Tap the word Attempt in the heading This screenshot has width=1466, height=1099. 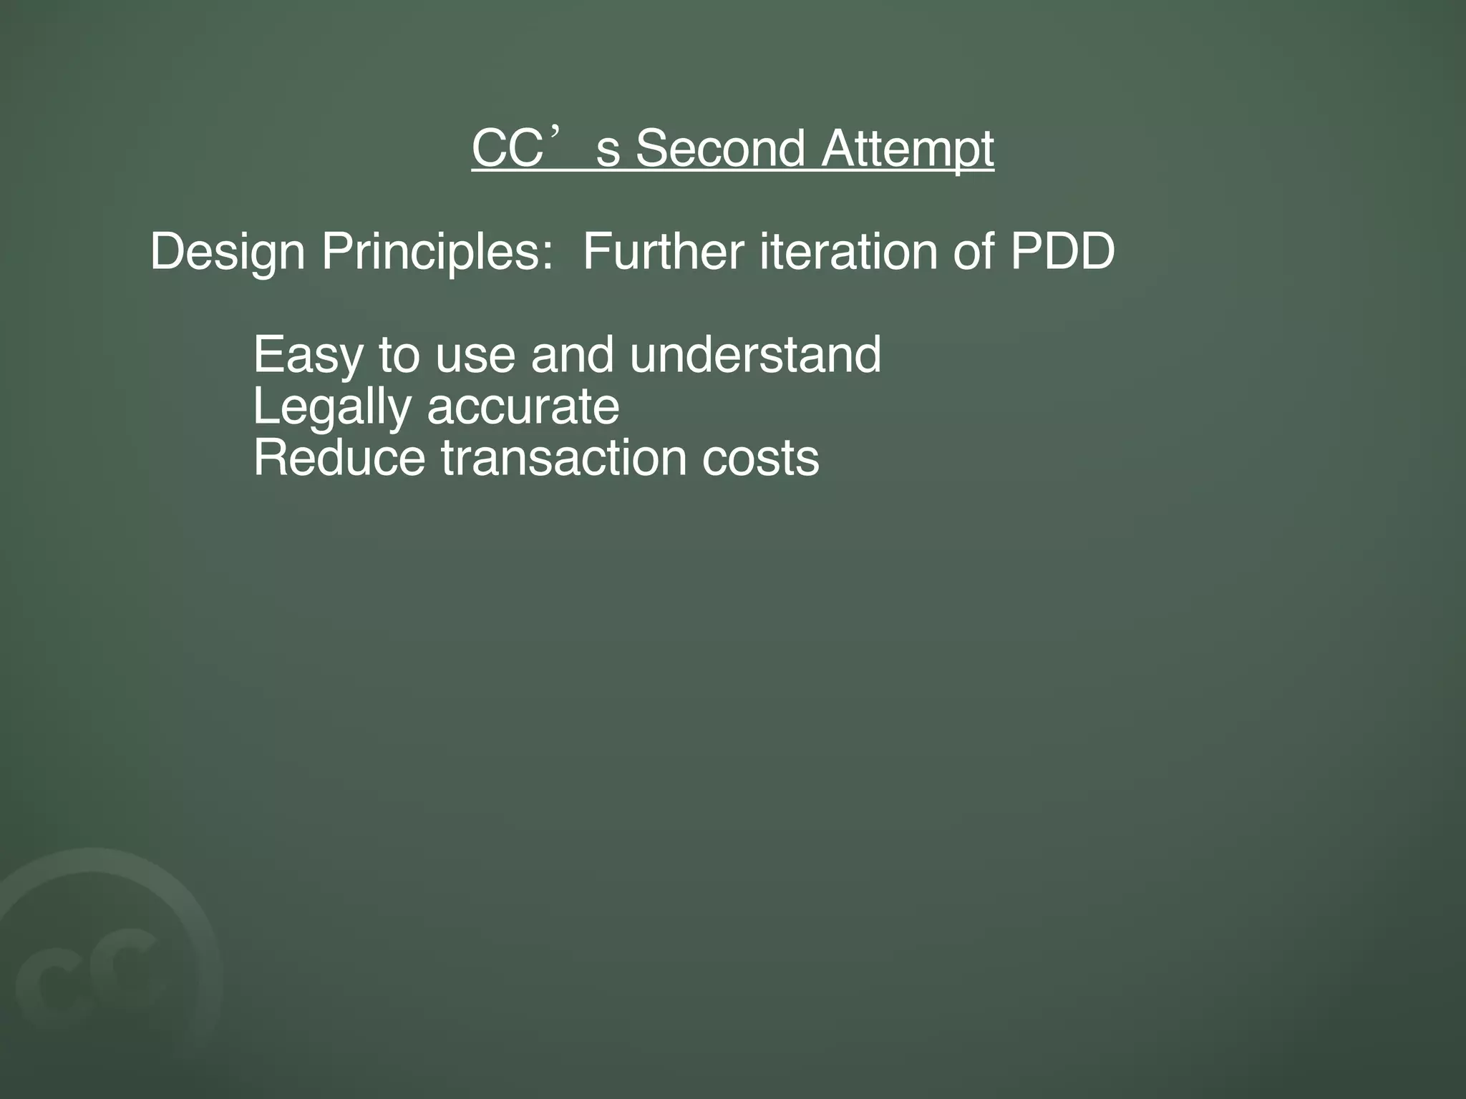click(907, 150)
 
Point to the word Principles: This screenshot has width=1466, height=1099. click(437, 253)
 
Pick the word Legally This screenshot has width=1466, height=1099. click(331, 408)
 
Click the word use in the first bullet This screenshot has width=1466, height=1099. click(475, 356)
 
